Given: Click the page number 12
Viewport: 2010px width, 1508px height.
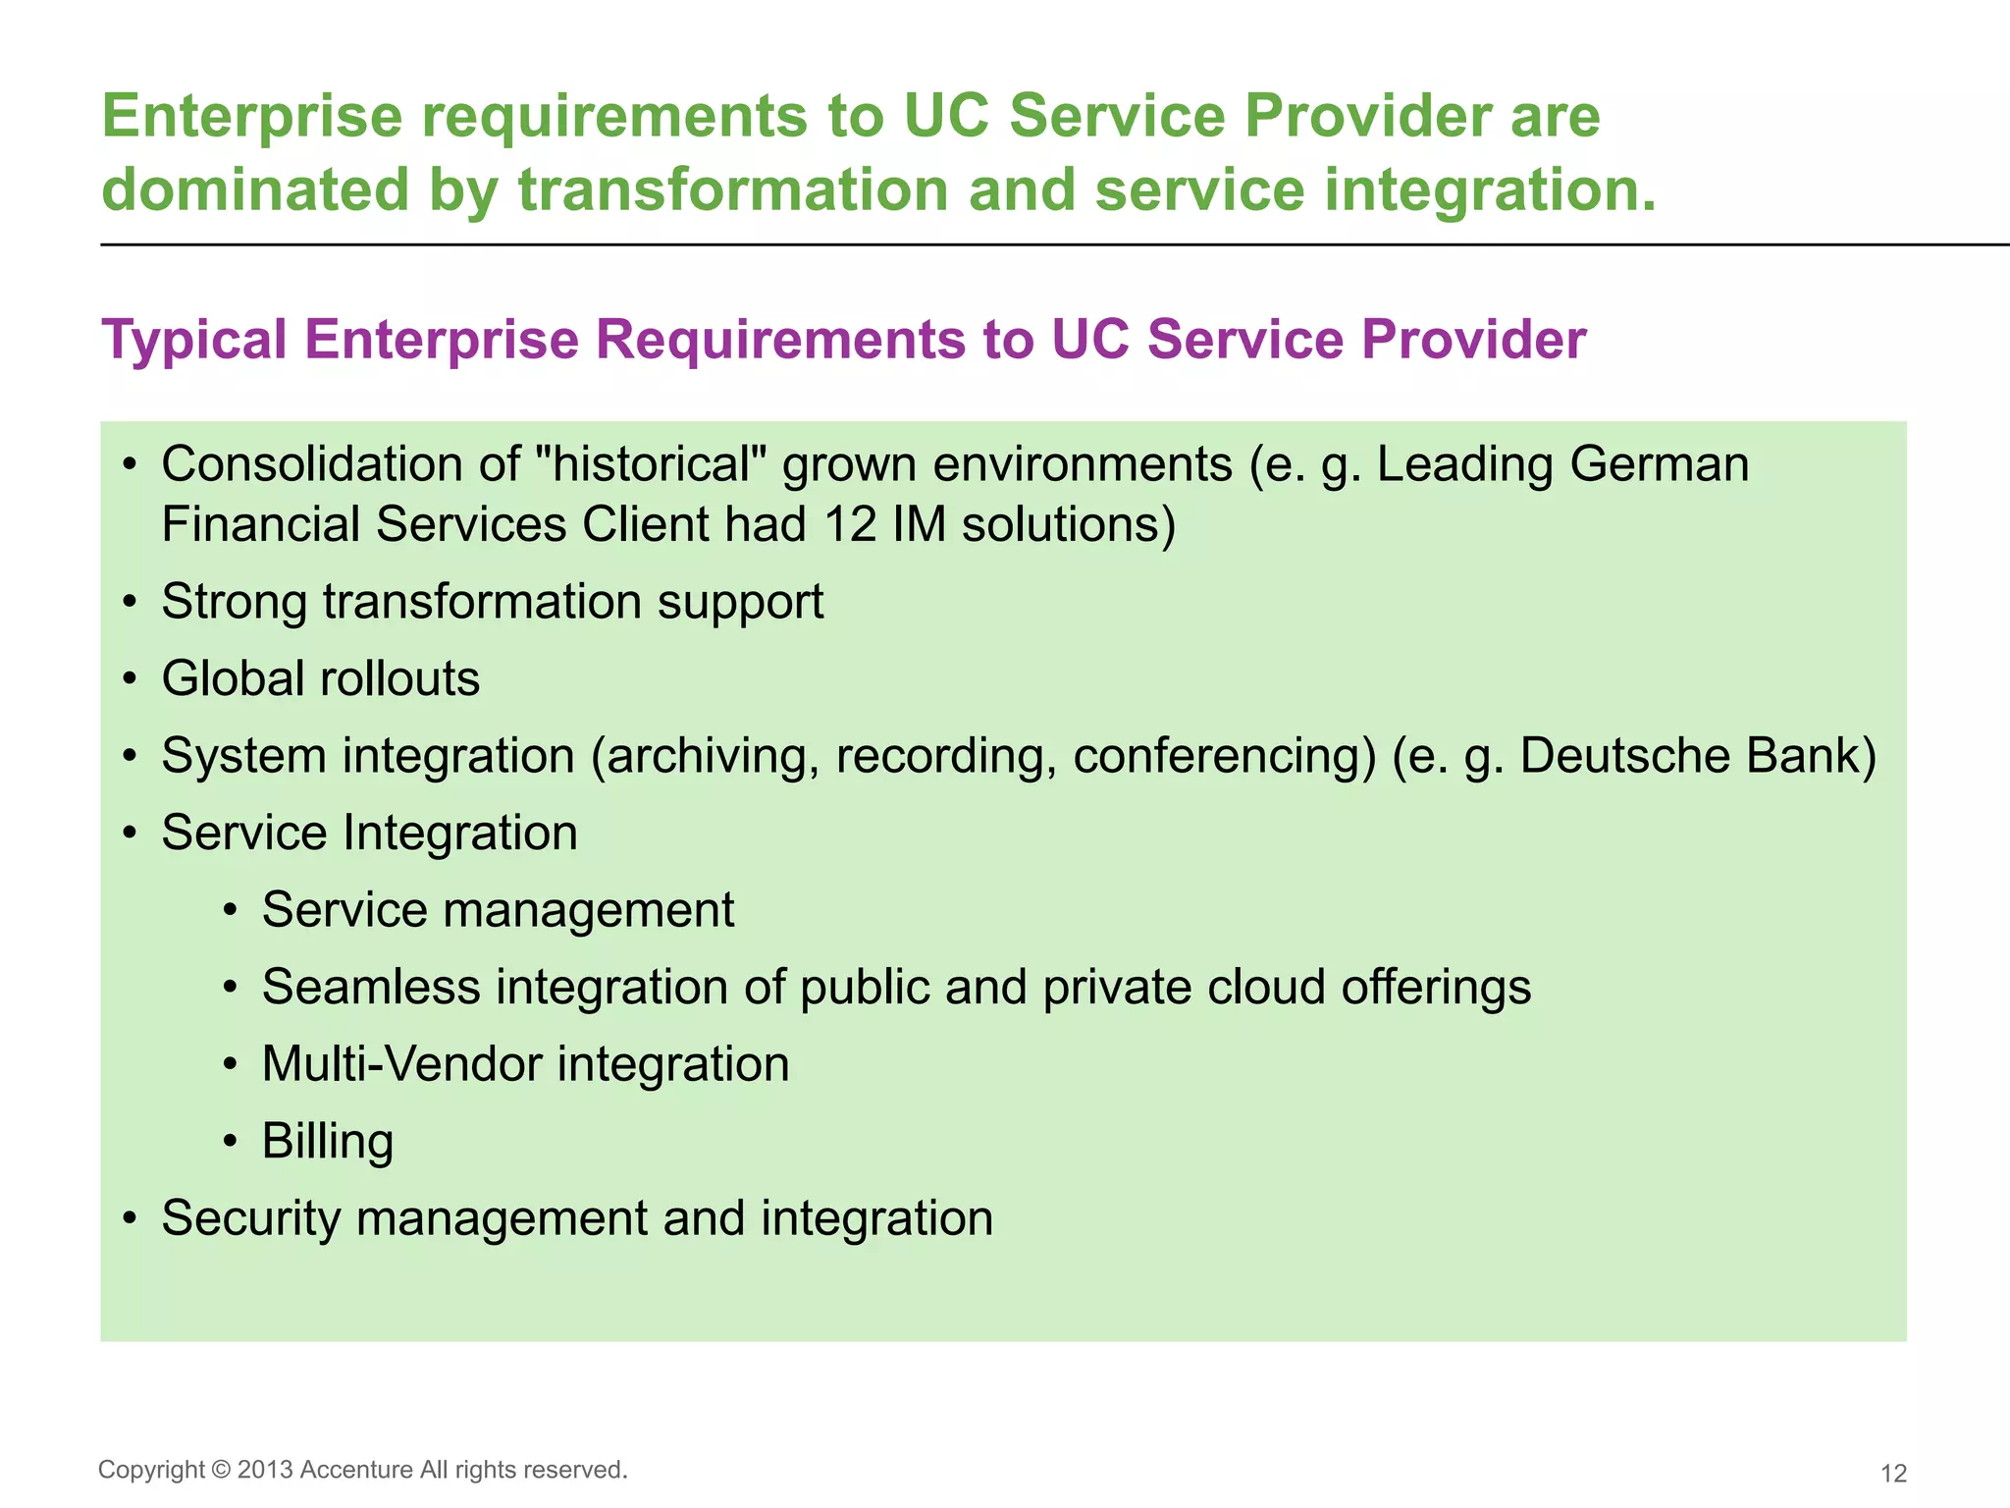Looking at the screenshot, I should click(x=1893, y=1473).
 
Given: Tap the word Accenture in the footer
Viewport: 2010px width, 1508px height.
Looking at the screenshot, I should click(x=356, y=1470).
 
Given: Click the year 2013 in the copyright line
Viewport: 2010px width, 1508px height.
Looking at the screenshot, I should click(x=265, y=1470).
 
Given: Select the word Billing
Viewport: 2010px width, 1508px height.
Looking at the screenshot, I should click(x=328, y=1142).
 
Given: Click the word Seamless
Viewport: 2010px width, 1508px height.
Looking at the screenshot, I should click(x=371, y=988).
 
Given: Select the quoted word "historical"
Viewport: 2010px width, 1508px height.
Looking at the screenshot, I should click(x=653, y=463).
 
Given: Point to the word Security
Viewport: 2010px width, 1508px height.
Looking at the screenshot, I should click(x=251, y=1218).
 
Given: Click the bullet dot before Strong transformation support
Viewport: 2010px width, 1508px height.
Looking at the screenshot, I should click(x=130, y=603).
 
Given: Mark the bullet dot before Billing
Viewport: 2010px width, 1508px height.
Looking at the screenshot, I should click(x=230, y=1142).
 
